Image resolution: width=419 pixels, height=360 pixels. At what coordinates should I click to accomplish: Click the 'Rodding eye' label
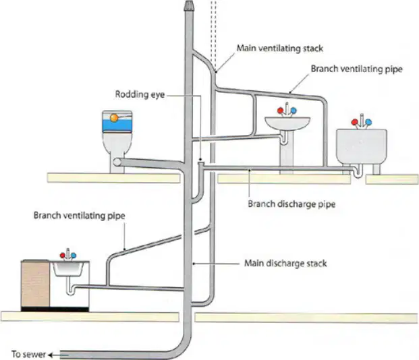140,94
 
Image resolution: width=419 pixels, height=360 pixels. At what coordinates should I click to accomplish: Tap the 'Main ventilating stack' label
280,49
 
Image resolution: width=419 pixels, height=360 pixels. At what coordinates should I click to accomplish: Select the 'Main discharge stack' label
285,264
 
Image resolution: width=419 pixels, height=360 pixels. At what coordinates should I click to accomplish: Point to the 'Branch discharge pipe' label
291,204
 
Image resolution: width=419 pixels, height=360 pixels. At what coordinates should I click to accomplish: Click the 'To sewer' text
28,354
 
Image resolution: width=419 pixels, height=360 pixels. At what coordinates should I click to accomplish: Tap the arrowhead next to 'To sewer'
51,355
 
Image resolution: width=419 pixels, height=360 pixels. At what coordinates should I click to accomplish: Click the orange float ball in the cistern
114,118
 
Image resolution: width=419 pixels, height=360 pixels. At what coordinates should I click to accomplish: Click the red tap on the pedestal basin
280,111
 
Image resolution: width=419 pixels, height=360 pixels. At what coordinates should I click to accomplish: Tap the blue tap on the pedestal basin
294,110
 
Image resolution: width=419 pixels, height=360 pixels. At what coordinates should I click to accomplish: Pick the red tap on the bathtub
355,122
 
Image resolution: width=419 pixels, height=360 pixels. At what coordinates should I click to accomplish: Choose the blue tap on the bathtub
368,122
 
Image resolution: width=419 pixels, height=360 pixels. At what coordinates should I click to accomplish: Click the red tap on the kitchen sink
63,256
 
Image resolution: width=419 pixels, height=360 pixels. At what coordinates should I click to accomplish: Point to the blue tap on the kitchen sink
74,256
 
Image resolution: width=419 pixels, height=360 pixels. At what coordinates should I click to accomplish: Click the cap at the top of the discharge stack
188,5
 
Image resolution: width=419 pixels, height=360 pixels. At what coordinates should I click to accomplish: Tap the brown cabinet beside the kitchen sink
35,283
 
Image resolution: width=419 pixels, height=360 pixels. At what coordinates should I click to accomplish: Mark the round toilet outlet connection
117,162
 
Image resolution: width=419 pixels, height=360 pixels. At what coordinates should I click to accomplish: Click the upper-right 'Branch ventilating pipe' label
356,69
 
